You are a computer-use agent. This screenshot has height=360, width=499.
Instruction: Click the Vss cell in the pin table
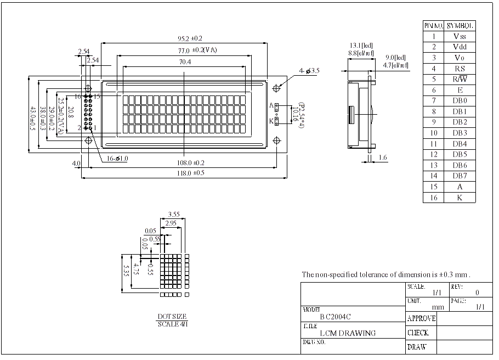(x=460, y=36)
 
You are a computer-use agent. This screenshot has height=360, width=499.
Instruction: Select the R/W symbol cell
(x=460, y=79)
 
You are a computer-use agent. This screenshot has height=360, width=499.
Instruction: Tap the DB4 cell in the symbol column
(x=460, y=144)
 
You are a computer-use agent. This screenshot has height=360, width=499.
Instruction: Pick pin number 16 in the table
(x=434, y=198)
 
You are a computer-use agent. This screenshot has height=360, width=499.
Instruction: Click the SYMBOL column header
(x=460, y=25)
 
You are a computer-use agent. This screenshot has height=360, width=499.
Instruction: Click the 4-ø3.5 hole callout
(x=309, y=71)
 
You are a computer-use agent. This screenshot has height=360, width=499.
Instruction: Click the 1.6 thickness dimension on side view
(x=383, y=157)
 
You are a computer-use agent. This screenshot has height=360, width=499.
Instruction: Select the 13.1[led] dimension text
(x=362, y=46)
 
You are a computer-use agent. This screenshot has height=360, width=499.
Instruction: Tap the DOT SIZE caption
(x=172, y=317)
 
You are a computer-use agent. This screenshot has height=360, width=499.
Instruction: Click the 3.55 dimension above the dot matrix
(x=174, y=215)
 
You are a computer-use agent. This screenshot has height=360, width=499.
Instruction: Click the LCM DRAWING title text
(x=348, y=333)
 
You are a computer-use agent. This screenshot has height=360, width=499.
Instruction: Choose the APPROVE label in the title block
(x=421, y=318)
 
